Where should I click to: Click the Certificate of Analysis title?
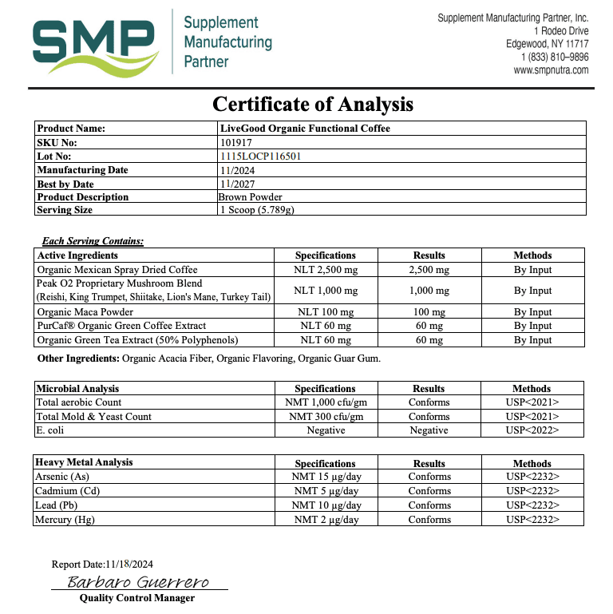coord(312,104)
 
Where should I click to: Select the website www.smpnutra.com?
coord(551,69)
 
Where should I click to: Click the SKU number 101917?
coord(236,142)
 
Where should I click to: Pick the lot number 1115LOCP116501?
coord(259,156)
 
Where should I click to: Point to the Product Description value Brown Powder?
coord(250,196)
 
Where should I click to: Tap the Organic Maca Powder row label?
coord(85,312)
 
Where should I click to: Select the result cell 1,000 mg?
coord(429,291)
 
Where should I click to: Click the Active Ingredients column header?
coord(77,256)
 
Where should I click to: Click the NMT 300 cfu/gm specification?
coord(326,417)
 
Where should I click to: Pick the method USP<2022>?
coord(532,430)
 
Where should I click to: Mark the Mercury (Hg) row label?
coord(65,520)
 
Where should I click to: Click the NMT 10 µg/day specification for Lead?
coord(326,505)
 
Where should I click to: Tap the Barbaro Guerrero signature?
coord(137,582)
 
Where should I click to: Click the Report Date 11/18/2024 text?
coord(102,564)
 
